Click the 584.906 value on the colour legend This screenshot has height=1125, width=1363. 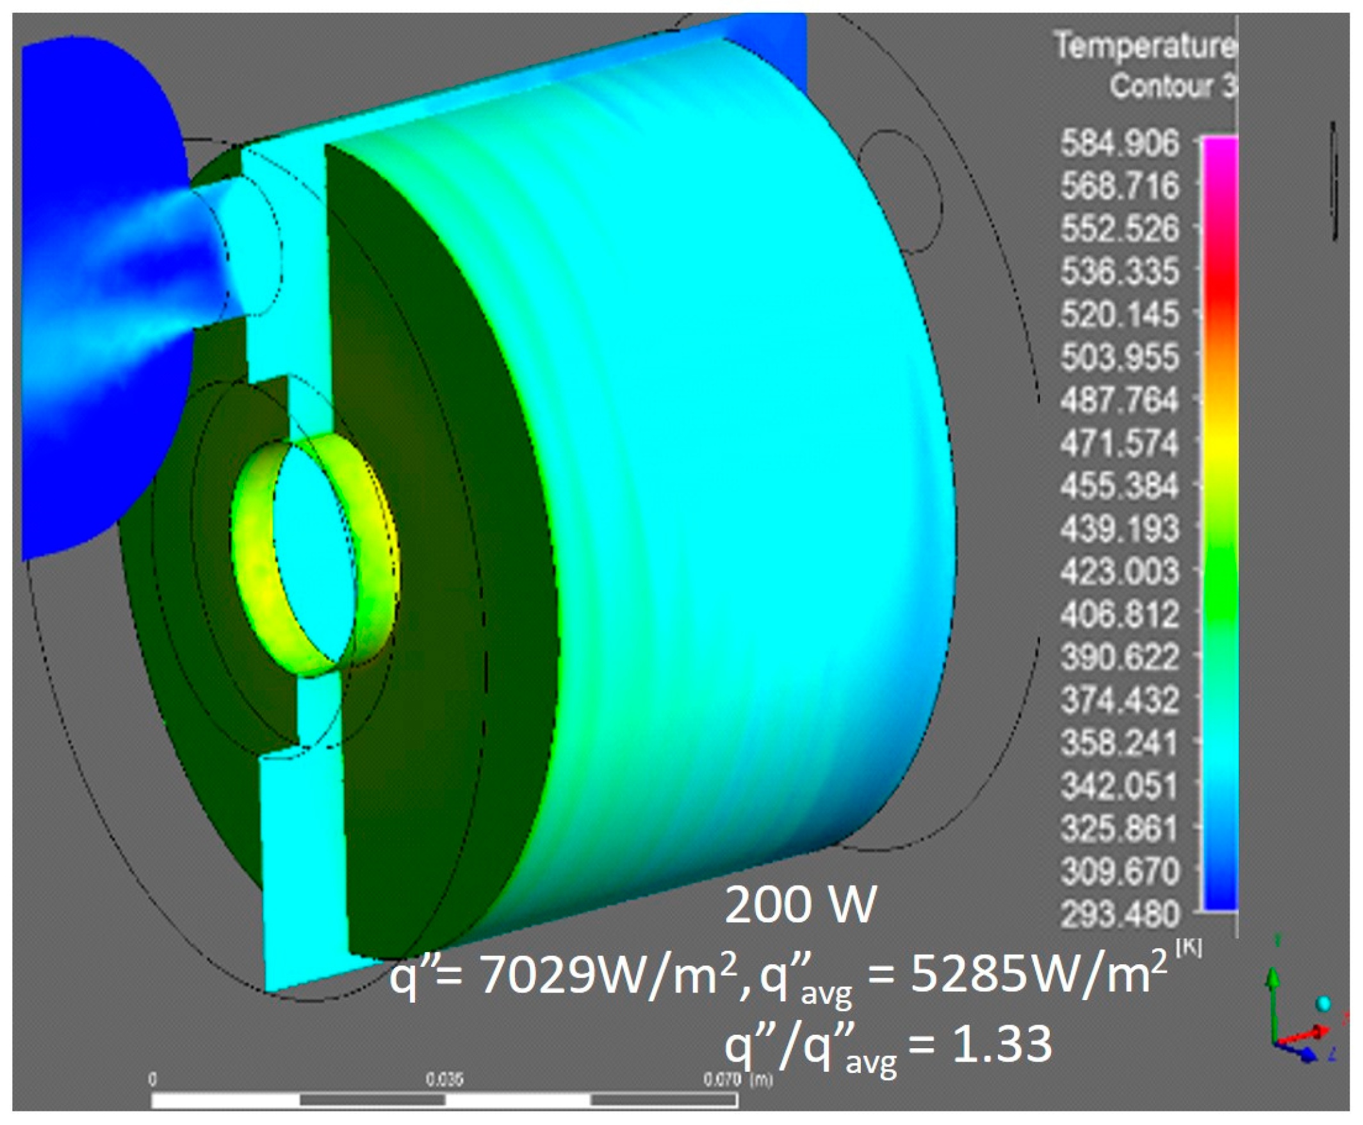point(1120,144)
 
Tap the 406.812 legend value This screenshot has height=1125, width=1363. point(1120,614)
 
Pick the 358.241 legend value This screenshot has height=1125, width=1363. point(1120,743)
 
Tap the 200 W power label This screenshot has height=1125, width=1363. point(800,905)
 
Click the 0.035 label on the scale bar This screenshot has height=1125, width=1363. point(445,1080)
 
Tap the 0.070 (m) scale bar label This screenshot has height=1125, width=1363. point(738,1080)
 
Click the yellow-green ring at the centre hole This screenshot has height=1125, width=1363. point(250,557)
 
